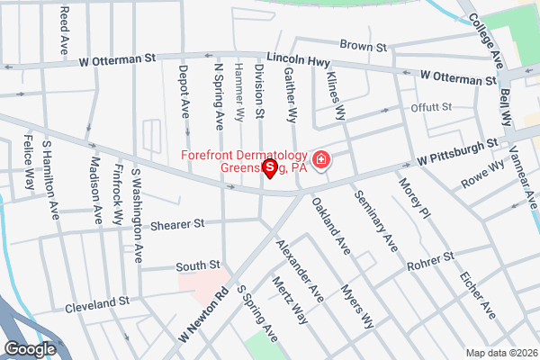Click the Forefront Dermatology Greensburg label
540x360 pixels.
[244, 161]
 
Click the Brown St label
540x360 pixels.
[368, 45]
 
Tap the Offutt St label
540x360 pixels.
[431, 108]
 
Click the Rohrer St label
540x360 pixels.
[429, 260]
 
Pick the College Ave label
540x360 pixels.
[486, 37]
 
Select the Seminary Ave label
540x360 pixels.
[375, 220]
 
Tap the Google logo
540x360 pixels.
[31, 348]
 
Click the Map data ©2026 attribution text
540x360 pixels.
[500, 352]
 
